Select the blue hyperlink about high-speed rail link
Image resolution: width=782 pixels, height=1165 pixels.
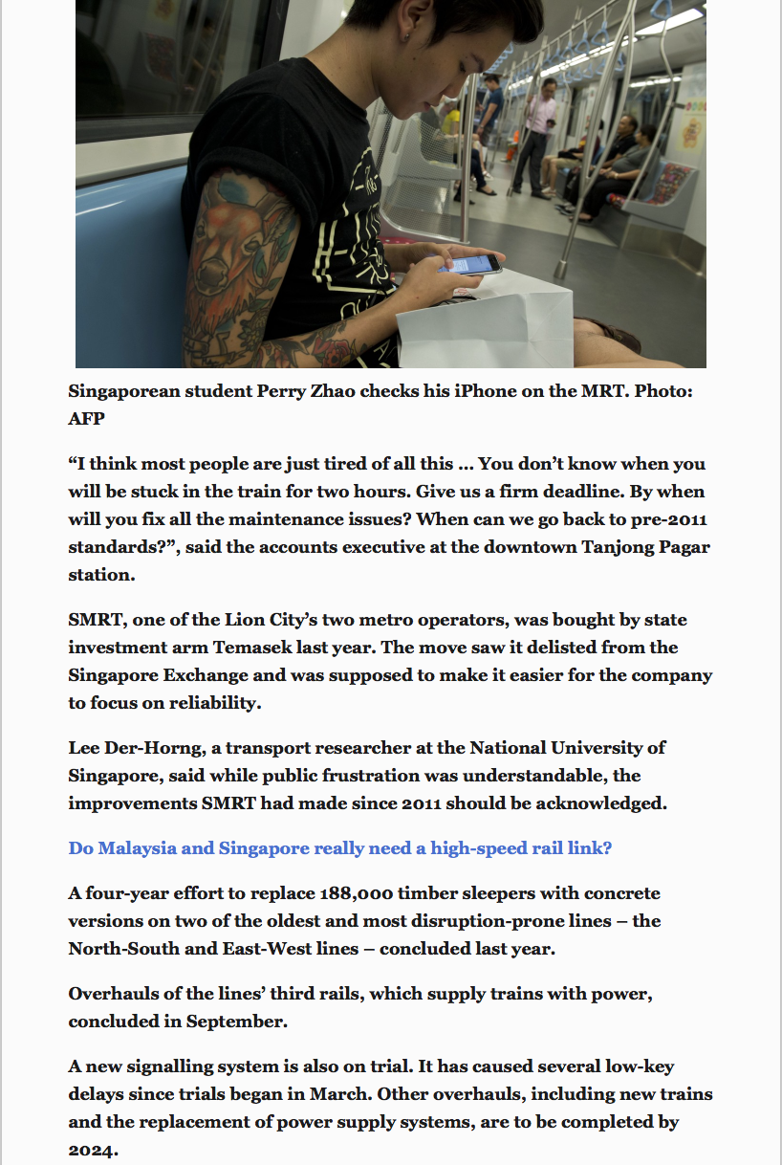pyautogui.click(x=339, y=848)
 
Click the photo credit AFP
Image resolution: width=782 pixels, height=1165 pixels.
pyautogui.click(x=86, y=419)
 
